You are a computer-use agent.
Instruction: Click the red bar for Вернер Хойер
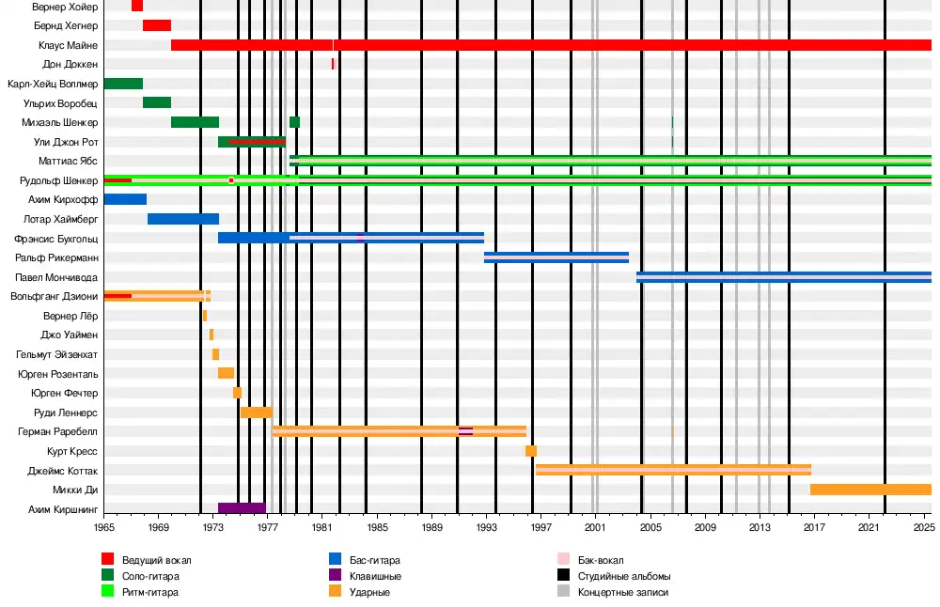click(137, 6)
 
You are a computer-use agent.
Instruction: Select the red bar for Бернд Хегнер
click(157, 25)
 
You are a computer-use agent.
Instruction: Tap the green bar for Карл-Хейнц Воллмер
click(123, 84)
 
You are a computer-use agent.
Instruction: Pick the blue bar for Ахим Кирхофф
click(125, 199)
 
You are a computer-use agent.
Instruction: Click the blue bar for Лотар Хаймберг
click(183, 219)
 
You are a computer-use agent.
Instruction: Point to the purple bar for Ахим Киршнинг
click(242, 508)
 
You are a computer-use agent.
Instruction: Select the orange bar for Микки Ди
click(870, 490)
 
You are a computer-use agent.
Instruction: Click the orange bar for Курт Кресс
click(531, 451)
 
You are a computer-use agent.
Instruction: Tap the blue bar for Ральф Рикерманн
click(556, 257)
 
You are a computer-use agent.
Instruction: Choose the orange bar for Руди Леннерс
click(257, 412)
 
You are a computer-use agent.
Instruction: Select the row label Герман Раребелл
click(58, 431)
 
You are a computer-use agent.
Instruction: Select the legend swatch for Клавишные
click(336, 576)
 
